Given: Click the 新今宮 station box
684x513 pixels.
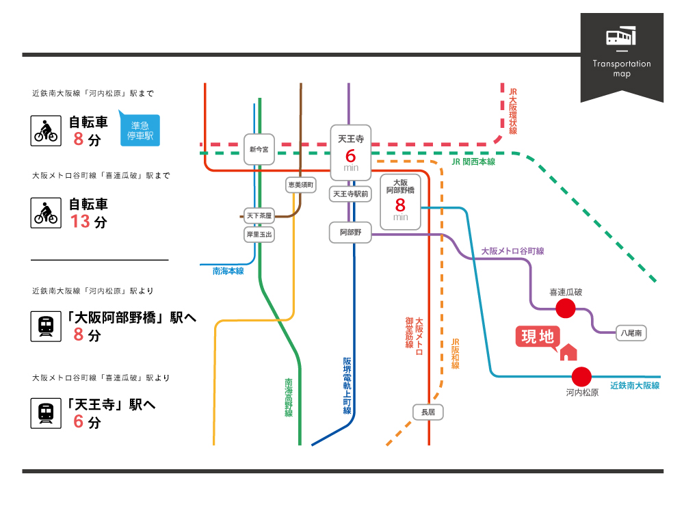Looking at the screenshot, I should point(259,149).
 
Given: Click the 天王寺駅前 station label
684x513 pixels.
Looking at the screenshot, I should point(351,194).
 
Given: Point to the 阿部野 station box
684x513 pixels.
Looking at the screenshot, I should point(351,233).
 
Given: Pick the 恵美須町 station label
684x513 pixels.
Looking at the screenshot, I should point(300,185).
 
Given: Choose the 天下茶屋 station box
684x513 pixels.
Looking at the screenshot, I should point(259,216).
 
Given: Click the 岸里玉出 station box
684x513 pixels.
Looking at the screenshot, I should point(259,235).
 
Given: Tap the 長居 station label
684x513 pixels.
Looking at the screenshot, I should point(429,412).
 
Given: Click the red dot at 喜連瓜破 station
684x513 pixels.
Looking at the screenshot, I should point(565,308).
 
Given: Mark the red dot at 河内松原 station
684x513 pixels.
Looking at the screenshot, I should point(581,377).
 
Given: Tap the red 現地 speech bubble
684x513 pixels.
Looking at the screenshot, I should point(538,337).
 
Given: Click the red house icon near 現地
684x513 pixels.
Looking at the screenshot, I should point(568,352).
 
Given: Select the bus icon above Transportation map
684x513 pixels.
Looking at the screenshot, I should point(621,37).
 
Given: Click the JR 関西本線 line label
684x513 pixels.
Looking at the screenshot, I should point(473,162).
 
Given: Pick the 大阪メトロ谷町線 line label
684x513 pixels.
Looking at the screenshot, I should point(512,252).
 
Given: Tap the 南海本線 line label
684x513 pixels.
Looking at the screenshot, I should point(228,271).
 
